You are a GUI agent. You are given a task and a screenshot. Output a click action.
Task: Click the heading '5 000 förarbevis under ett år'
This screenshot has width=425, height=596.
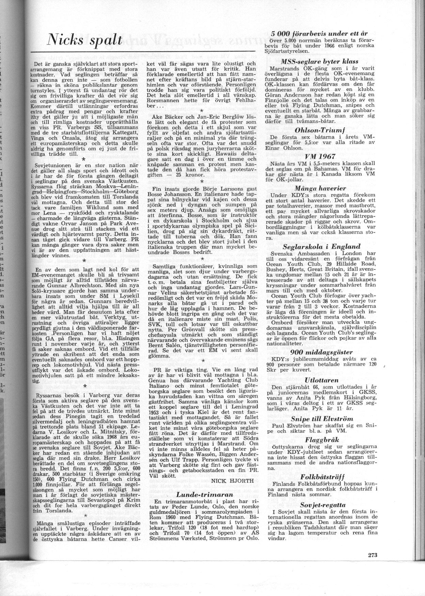click(319, 34)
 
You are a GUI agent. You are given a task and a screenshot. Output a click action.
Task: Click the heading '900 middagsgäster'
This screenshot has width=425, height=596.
click(319, 352)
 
